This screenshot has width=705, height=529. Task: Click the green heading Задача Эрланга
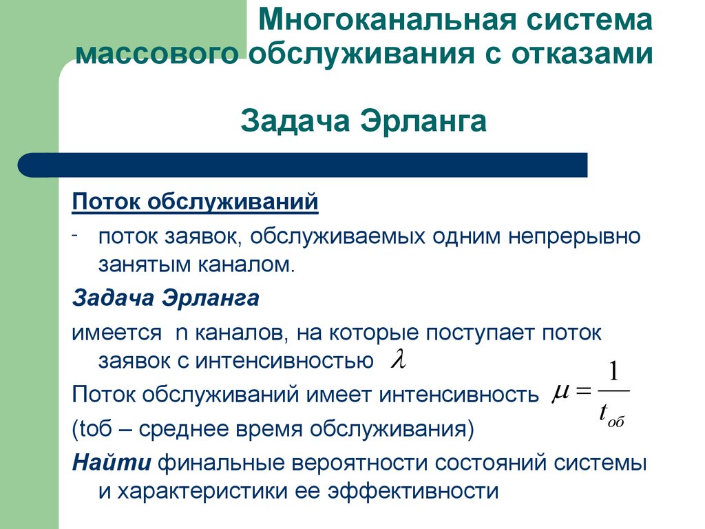(364, 122)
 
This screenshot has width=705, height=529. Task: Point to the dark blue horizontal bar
(303, 165)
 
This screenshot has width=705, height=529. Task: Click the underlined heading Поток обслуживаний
(196, 203)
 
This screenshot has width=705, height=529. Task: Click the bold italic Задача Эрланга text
(165, 299)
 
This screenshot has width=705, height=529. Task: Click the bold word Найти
(112, 463)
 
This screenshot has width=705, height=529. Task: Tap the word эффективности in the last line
(412, 491)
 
